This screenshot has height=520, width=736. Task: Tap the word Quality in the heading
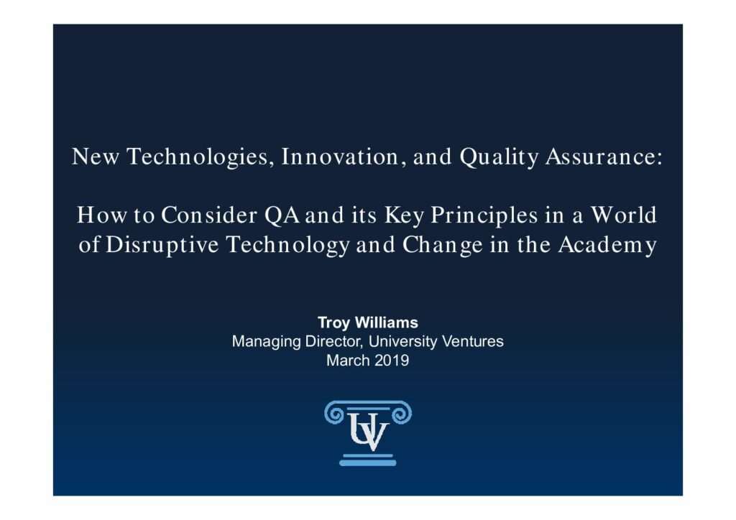499,157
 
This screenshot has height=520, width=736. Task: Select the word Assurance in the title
604,157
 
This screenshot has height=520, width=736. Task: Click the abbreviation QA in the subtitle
282,215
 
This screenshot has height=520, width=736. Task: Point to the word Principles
484,216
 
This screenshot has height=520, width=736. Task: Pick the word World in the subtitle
623,215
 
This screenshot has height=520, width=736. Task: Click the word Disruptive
162,245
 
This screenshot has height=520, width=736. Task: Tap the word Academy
607,245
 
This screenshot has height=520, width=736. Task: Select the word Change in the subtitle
442,245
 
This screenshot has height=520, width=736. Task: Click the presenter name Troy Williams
367,322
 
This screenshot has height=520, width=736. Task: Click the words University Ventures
436,341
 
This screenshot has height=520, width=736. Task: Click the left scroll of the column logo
335,414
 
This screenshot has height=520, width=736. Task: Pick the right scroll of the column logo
401,414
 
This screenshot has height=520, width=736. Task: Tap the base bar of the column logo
367,463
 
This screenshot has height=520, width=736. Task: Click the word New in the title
96,157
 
